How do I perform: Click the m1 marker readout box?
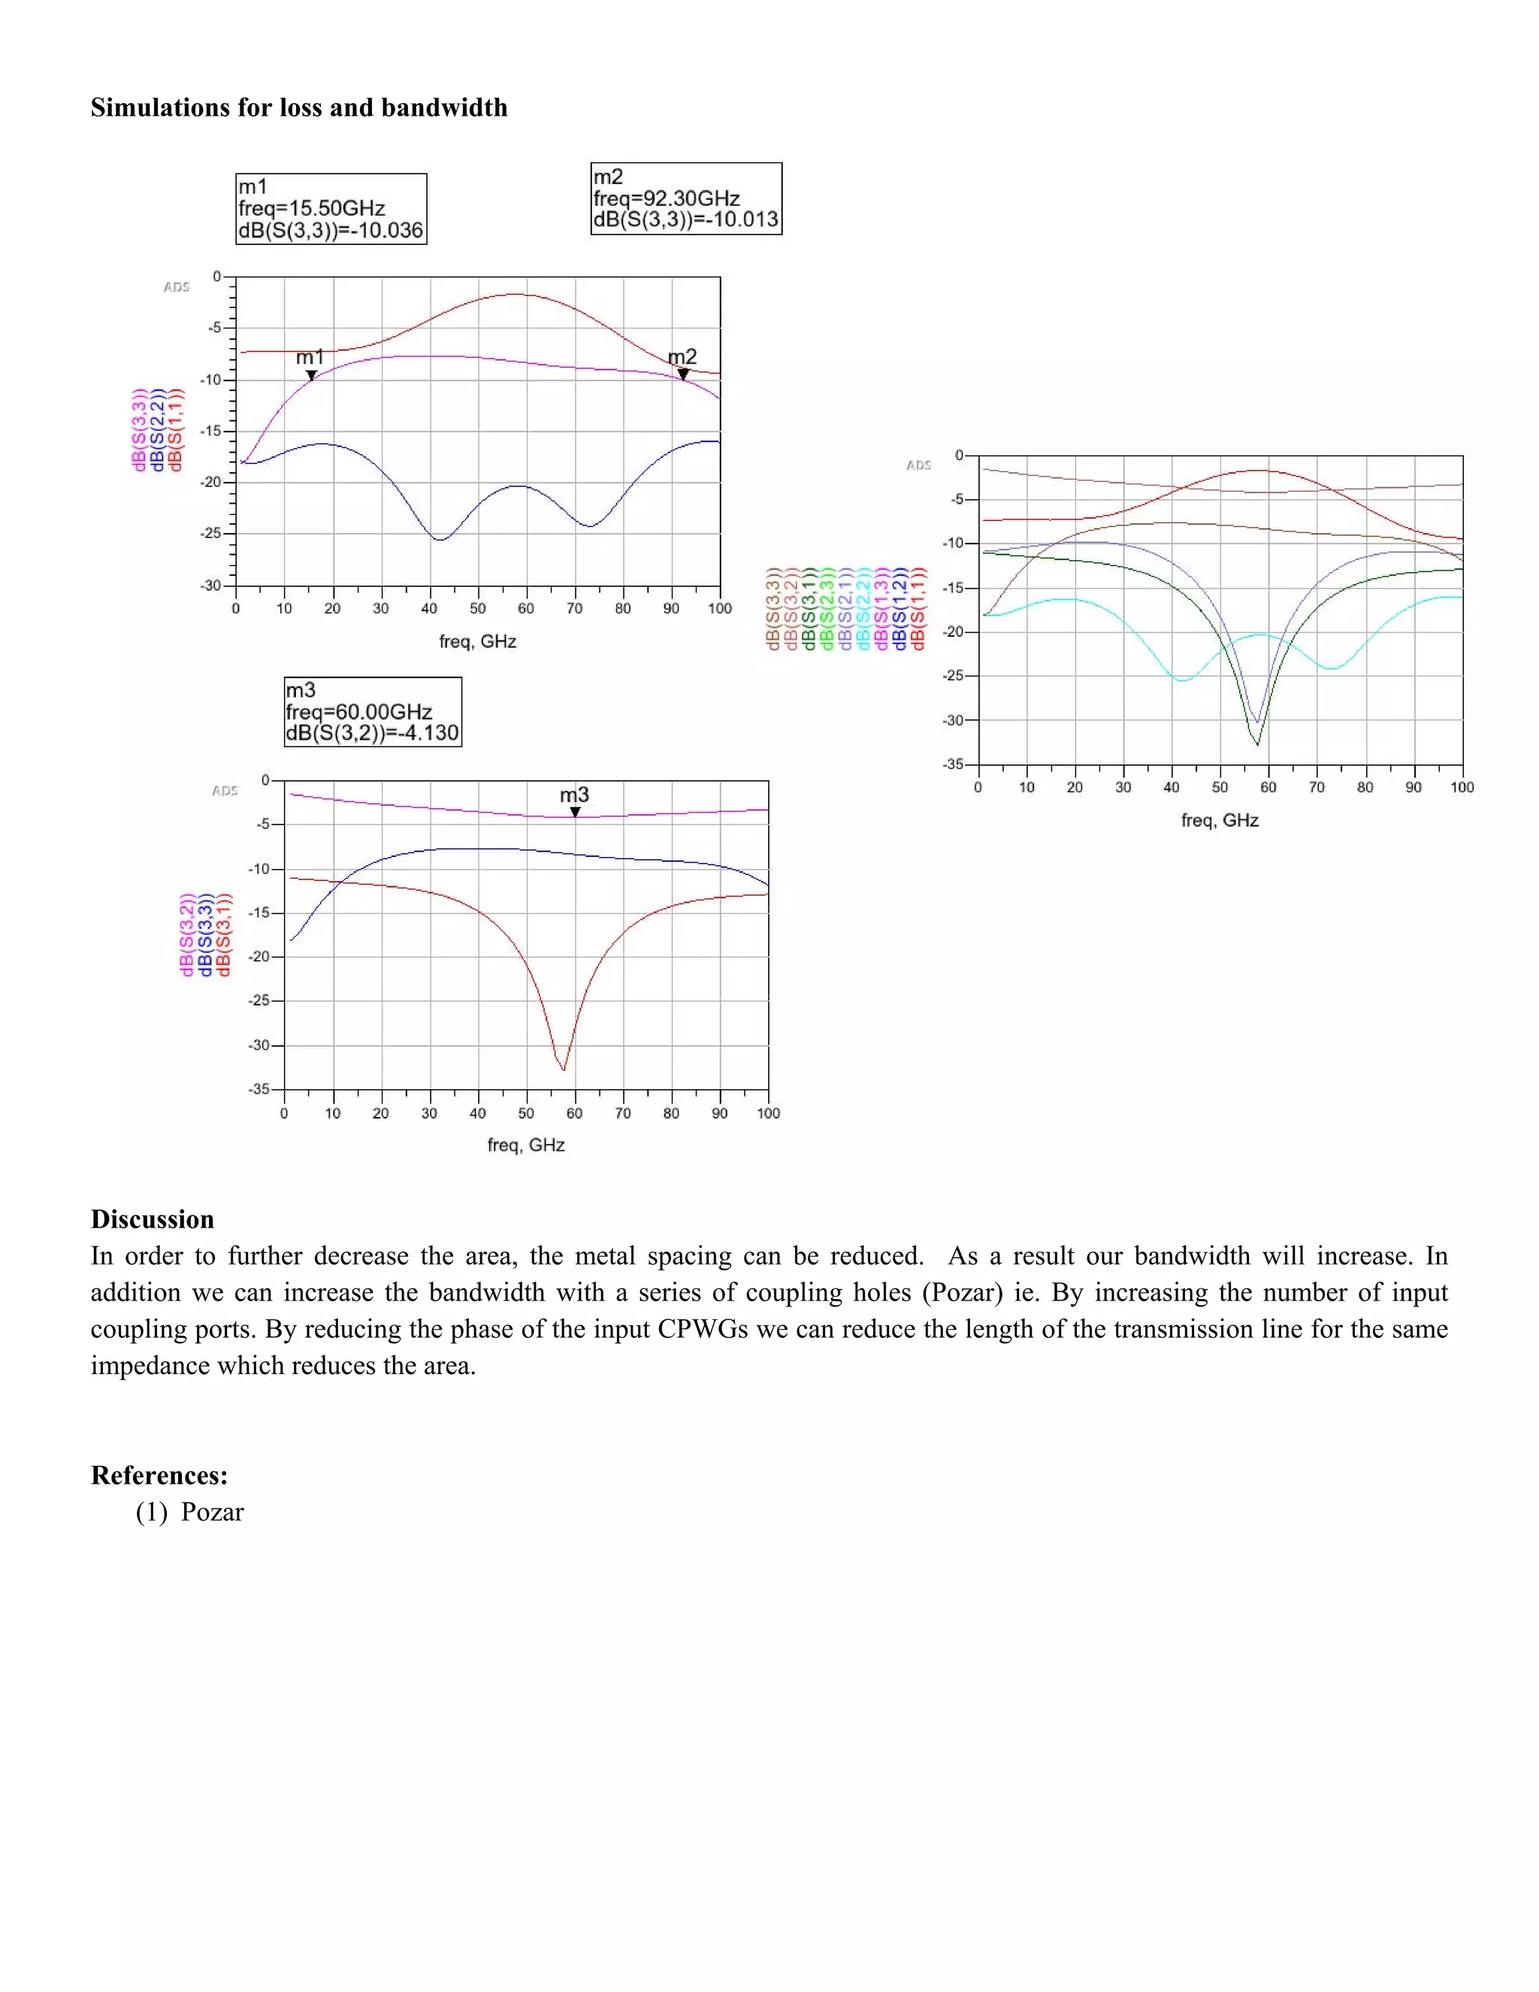tap(331, 209)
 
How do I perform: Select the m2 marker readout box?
tap(685, 199)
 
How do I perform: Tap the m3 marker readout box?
tap(373, 711)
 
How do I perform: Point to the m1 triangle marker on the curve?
tap(311, 375)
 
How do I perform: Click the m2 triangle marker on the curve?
tap(683, 374)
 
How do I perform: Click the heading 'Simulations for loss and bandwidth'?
tap(299, 107)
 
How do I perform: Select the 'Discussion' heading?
tap(153, 1219)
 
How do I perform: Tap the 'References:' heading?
tap(159, 1475)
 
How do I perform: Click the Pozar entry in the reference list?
tap(213, 1512)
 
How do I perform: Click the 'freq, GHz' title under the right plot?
tap(1220, 821)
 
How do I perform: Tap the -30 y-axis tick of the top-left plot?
tap(211, 586)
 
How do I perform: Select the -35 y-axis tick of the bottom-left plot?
tap(260, 1089)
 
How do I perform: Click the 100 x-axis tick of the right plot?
tap(1462, 787)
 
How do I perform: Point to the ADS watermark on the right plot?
tap(918, 465)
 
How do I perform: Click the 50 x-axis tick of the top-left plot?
tap(478, 608)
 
